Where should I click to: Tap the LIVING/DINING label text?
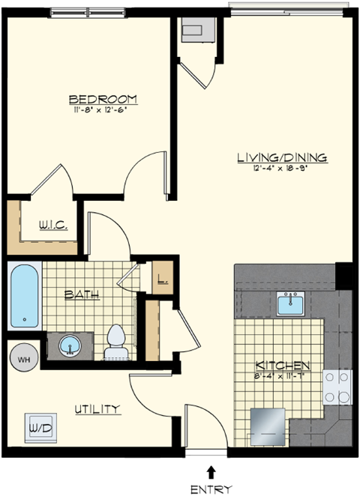(x=281, y=157)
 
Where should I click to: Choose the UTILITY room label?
(x=97, y=408)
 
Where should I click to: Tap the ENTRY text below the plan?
(x=211, y=488)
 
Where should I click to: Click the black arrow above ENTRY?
(x=211, y=471)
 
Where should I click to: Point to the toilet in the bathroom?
(x=115, y=341)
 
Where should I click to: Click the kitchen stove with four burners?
(x=337, y=388)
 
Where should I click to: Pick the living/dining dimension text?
(x=281, y=169)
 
